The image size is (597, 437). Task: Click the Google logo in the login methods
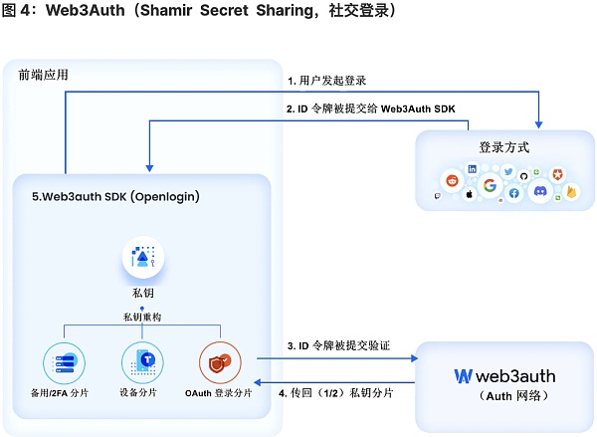pos(490,185)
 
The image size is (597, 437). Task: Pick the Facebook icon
pos(514,193)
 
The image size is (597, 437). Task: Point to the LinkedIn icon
pos(472,169)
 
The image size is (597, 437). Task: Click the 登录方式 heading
pos(503,147)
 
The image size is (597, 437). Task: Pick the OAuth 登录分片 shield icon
pos(218,359)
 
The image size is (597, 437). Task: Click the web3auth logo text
pos(504,376)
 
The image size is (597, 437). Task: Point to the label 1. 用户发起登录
pos(328,80)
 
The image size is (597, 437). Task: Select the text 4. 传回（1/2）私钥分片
pos(337,392)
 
